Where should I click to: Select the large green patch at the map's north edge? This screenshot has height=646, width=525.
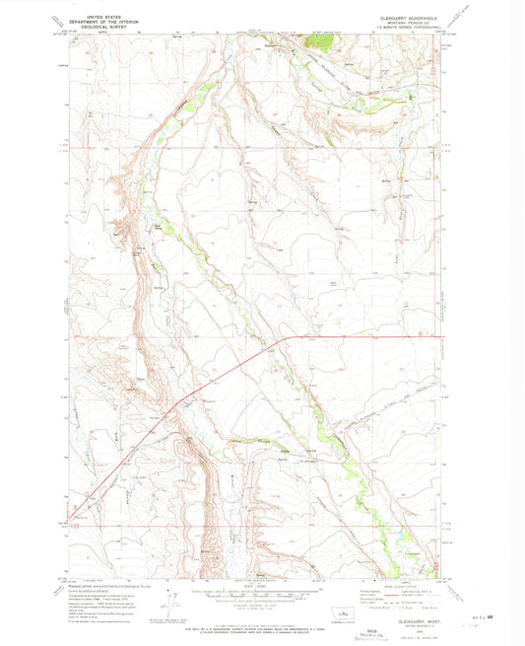pos(320,41)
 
